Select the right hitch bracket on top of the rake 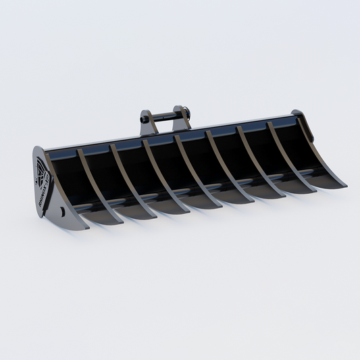[x=181, y=115]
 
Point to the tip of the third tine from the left [x=187, y=212]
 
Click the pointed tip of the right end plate [x=346, y=186]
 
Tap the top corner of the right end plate [x=297, y=113]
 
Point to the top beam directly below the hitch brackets [x=165, y=134]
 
